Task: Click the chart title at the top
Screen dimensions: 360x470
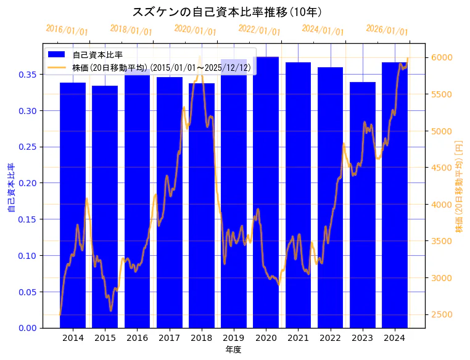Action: coord(227,12)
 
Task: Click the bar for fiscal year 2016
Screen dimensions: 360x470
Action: coord(137,197)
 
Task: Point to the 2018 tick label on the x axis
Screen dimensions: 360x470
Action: coord(201,338)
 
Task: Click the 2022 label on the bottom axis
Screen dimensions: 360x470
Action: coord(330,338)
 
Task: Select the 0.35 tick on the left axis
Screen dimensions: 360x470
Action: coord(27,75)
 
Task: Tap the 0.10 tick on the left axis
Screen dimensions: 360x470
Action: coord(27,256)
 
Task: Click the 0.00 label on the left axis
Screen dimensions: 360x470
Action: coord(27,328)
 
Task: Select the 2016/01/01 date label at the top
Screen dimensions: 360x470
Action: coord(67,30)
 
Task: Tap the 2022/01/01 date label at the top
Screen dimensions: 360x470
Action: coord(259,30)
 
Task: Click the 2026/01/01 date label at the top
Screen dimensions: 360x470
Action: coord(387,30)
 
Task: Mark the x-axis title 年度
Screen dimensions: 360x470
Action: coord(233,350)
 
